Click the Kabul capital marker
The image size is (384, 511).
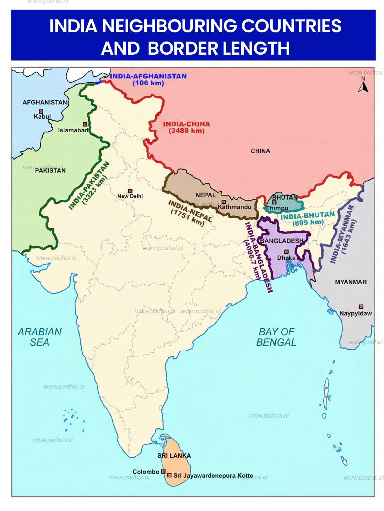(41, 111)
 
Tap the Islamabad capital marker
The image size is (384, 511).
(85, 124)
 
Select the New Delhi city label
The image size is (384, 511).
(130, 196)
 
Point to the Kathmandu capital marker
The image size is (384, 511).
(223, 202)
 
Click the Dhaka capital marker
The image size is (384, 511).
(286, 252)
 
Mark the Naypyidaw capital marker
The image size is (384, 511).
(361, 307)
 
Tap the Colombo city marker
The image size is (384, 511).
(163, 472)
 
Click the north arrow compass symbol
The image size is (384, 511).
(363, 85)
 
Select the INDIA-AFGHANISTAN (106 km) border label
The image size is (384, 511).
(148, 79)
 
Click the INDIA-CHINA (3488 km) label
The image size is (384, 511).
(186, 127)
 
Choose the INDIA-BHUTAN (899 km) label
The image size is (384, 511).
(308, 219)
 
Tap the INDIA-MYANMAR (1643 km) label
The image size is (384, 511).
(343, 234)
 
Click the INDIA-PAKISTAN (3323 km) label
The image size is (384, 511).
(89, 186)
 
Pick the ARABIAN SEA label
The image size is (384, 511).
(40, 337)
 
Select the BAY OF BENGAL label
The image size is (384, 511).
(276, 337)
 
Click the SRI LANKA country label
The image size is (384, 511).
(174, 456)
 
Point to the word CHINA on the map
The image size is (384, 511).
(260, 151)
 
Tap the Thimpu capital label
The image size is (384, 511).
(277, 208)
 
